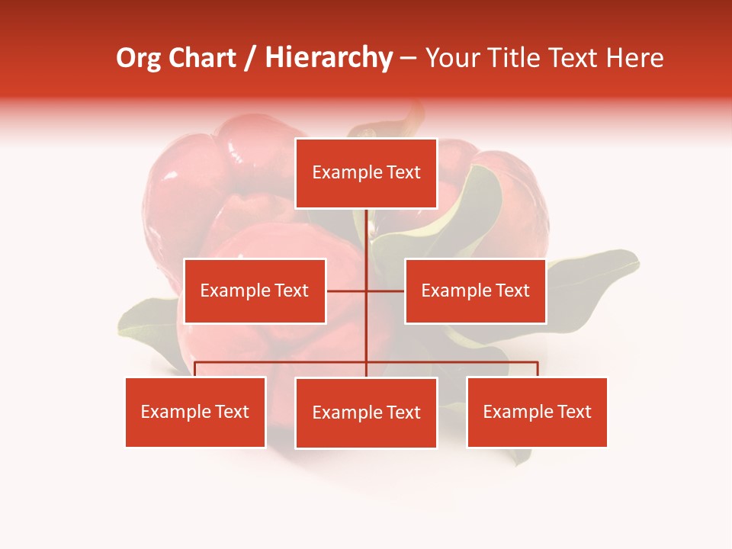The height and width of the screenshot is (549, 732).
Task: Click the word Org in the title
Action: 138,59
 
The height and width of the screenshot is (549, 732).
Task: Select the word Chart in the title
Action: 201,59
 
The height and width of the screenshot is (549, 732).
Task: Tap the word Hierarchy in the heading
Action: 329,59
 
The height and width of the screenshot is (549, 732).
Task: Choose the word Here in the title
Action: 634,59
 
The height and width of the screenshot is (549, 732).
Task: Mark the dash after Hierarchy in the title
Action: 409,59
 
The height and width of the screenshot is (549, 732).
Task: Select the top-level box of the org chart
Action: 366,173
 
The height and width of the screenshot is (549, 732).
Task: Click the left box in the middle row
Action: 255,291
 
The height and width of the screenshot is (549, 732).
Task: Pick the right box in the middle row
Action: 475,291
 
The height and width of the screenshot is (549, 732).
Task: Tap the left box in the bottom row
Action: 195,412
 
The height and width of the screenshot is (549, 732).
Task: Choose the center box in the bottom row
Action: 366,413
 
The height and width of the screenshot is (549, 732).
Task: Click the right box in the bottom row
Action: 537,412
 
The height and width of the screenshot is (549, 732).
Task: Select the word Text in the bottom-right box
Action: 573,412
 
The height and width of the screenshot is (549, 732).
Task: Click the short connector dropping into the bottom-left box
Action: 195,369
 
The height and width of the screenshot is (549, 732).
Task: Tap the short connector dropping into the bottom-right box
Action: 538,369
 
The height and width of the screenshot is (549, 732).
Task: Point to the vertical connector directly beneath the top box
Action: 366,233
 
